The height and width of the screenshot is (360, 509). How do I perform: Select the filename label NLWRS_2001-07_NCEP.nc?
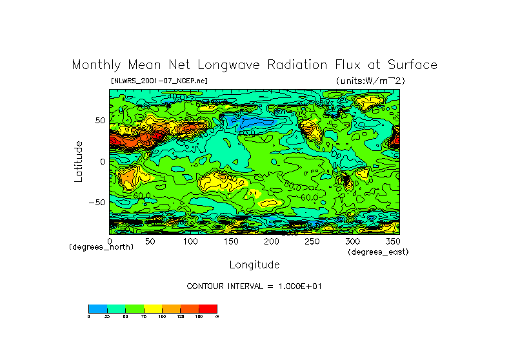pyautogui.click(x=159, y=81)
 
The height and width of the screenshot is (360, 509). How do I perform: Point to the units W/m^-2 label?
pyautogui.click(x=370, y=81)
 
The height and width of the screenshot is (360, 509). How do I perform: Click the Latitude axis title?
pyautogui.click(x=78, y=161)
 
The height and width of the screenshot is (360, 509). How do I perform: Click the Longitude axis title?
pyautogui.click(x=254, y=265)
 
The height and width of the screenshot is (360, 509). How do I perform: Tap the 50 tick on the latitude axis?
pyautogui.click(x=99, y=121)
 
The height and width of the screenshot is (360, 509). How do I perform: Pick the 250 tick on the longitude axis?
pyautogui.click(x=312, y=241)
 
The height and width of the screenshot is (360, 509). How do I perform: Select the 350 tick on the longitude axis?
pyautogui.click(x=392, y=241)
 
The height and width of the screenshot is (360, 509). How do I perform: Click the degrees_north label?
pyautogui.click(x=101, y=247)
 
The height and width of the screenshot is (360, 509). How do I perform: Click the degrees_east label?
pyautogui.click(x=378, y=252)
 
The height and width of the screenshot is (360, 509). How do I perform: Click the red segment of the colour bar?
pyautogui.click(x=208, y=308)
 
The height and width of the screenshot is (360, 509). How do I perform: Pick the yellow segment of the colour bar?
pyautogui.click(x=152, y=308)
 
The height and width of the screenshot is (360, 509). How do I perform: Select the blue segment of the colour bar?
pyautogui.click(x=97, y=308)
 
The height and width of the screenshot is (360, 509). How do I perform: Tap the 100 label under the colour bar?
pyautogui.click(x=162, y=317)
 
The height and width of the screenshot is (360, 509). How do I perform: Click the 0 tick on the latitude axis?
pyautogui.click(x=101, y=161)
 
